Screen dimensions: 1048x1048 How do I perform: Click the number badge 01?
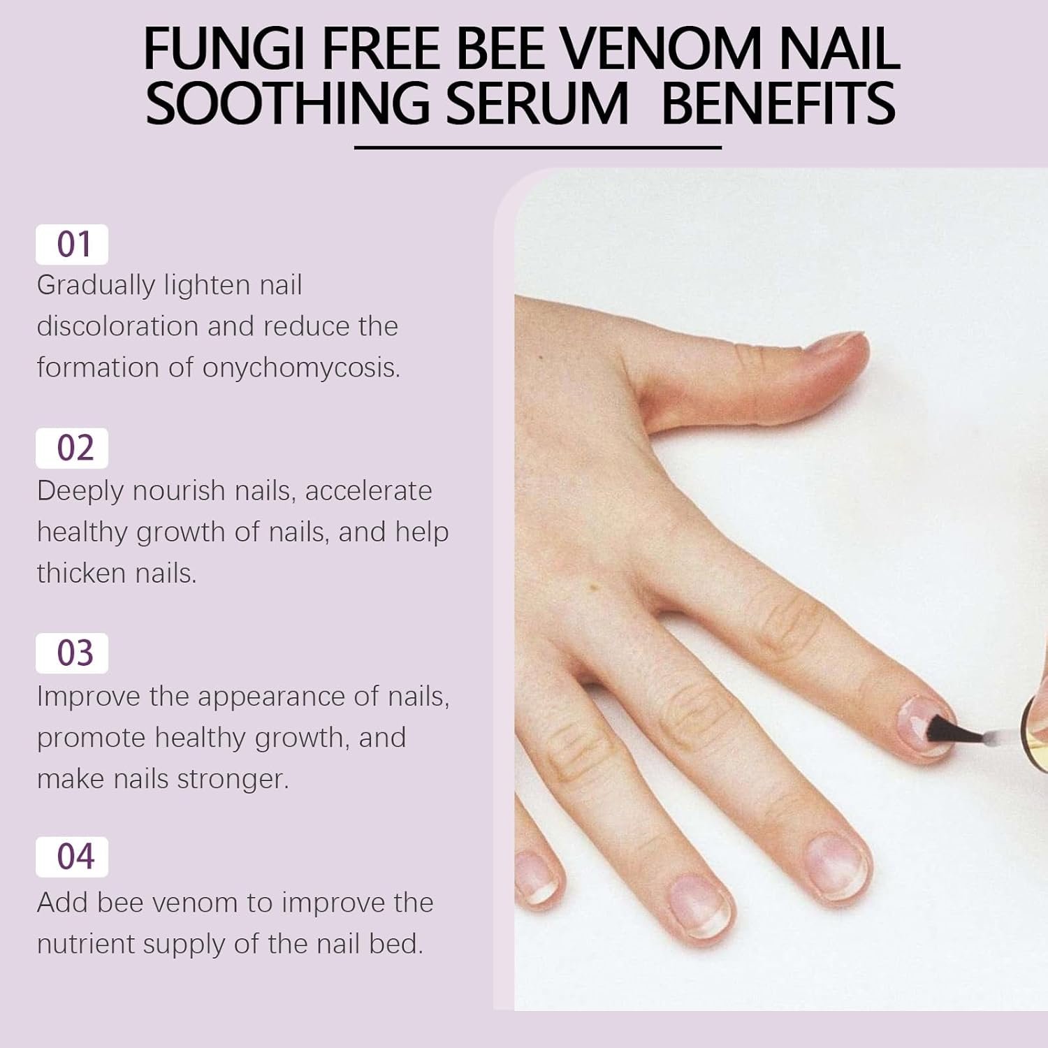(x=72, y=245)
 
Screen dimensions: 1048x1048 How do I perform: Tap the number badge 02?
(x=72, y=449)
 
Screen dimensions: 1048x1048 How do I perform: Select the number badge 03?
(x=72, y=653)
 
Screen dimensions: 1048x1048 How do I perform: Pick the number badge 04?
(x=72, y=857)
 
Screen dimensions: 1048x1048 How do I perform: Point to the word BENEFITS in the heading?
(x=778, y=103)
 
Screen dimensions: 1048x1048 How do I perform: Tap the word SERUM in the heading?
(x=538, y=103)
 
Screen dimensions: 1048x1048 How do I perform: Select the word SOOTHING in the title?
(x=288, y=103)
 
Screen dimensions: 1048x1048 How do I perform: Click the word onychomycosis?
(x=301, y=368)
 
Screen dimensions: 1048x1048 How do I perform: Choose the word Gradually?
(x=96, y=286)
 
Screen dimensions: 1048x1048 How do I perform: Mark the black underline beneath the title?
(x=538, y=147)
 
